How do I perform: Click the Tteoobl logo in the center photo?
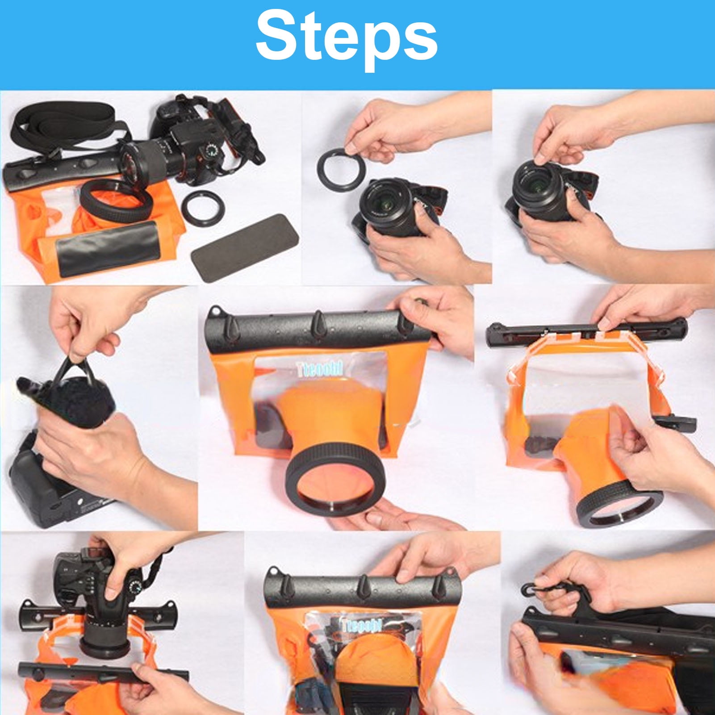[x=320, y=369]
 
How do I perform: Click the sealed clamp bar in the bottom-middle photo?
[x=362, y=590]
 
